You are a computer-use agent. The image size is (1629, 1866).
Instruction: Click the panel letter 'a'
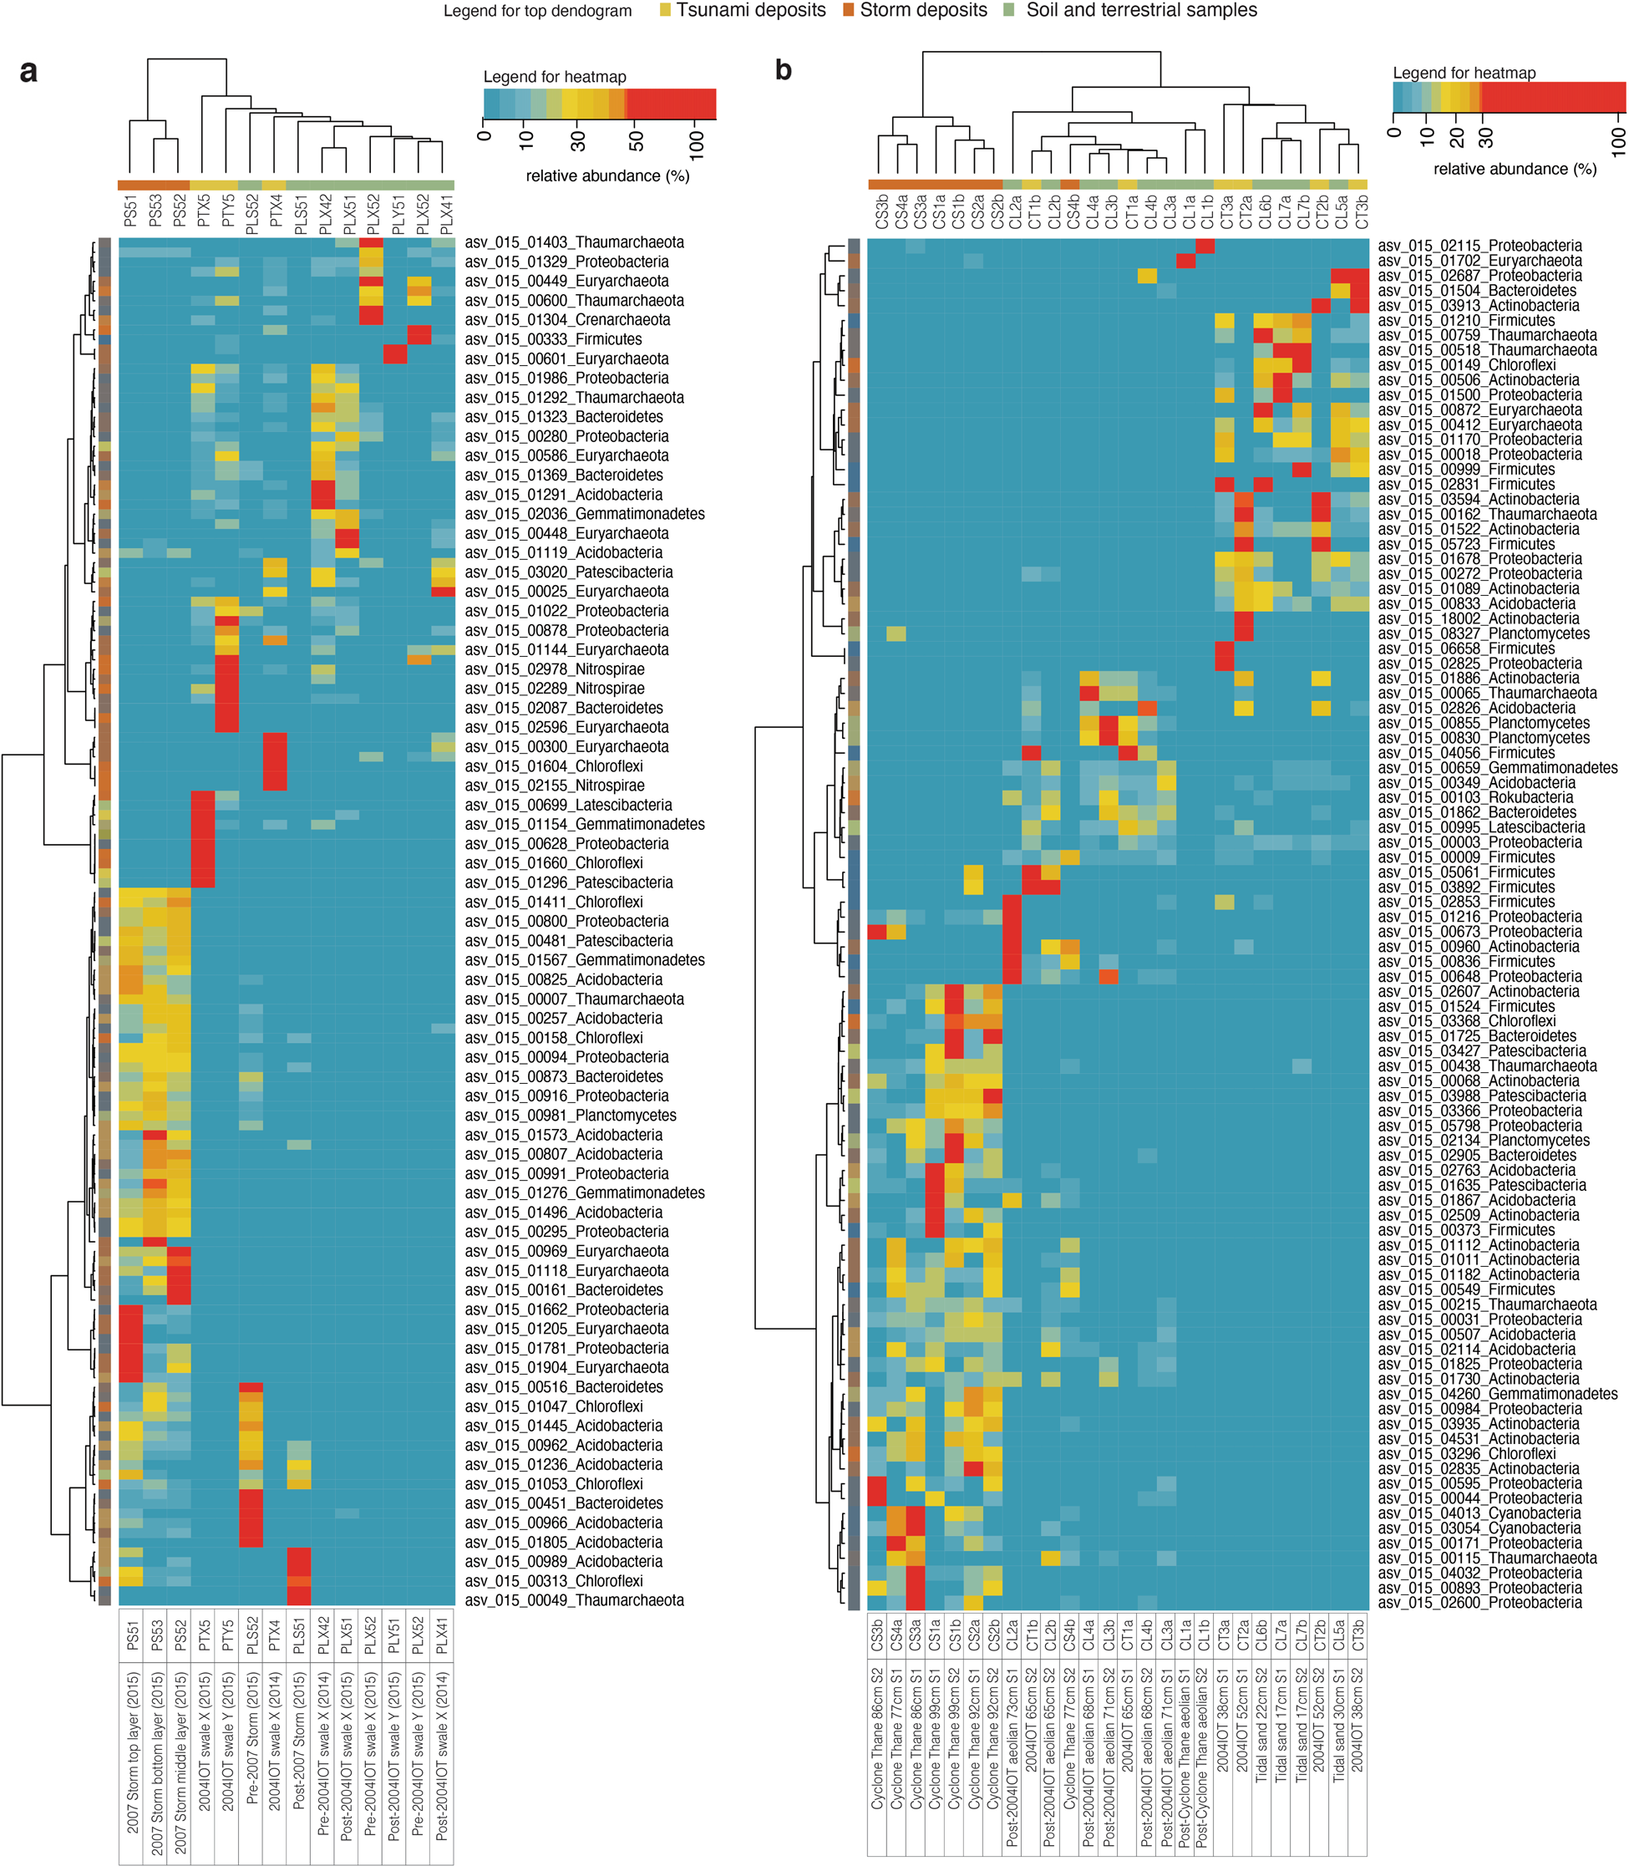[x=28, y=72]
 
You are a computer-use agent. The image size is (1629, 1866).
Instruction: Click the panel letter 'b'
[x=783, y=70]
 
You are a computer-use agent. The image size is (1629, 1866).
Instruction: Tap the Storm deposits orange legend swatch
[x=848, y=11]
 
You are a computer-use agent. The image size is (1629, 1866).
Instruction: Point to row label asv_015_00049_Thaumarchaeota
[x=575, y=1600]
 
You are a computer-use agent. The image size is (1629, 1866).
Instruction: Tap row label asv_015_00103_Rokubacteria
[x=1475, y=797]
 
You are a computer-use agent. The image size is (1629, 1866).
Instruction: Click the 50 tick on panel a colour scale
[x=637, y=141]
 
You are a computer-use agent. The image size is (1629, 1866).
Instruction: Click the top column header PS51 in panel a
[x=131, y=210]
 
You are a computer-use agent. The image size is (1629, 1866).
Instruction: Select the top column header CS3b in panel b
[x=880, y=210]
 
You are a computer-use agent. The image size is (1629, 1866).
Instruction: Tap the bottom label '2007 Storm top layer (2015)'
[x=133, y=1752]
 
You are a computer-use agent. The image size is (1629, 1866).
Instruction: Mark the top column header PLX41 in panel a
[x=444, y=210]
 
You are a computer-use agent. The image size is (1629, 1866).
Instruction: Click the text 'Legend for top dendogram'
[x=537, y=12]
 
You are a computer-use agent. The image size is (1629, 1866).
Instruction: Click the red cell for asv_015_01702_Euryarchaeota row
[x=1185, y=261]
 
